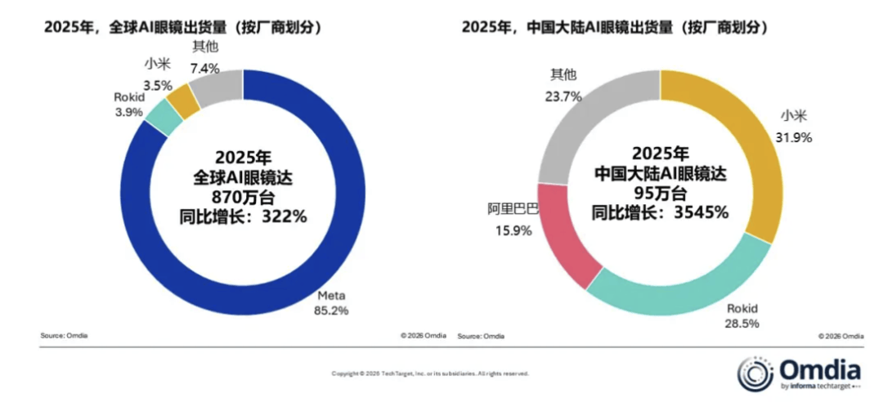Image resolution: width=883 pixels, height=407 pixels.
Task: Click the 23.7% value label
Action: pyautogui.click(x=564, y=96)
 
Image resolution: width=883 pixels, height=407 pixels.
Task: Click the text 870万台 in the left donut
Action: pyautogui.click(x=243, y=196)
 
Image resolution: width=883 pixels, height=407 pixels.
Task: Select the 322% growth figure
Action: pyautogui.click(x=282, y=216)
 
